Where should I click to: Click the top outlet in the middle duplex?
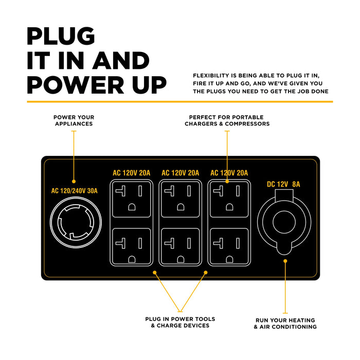coord(180,197)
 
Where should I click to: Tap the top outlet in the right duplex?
coord(229,197)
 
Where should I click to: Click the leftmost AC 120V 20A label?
coord(132,173)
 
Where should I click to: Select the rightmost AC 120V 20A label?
coord(229,173)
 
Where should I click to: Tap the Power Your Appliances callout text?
coord(74,120)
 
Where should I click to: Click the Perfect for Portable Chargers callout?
coord(228,120)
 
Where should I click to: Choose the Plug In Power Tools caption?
coord(180,322)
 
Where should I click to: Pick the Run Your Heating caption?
coord(285,323)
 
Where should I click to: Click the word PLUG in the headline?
coord(61,37)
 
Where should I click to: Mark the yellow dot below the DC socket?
coord(285,261)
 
